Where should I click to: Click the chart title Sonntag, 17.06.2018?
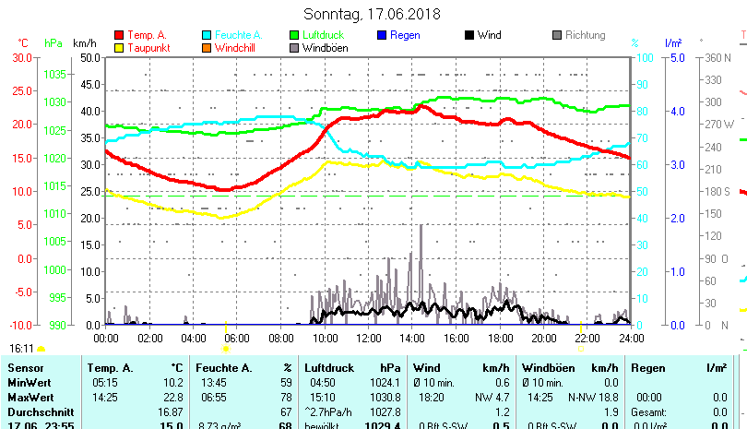(372, 14)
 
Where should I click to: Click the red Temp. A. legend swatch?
(118, 35)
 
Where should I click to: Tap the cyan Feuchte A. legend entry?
(231, 35)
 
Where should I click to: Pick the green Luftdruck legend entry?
(322, 35)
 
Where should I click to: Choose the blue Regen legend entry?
(405, 35)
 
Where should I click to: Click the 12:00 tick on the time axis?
(369, 338)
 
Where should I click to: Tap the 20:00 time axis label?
(544, 338)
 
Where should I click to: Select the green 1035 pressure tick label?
(54, 74)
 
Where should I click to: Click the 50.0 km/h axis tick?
(89, 57)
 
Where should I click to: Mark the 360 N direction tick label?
(717, 57)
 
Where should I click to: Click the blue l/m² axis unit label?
(673, 42)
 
